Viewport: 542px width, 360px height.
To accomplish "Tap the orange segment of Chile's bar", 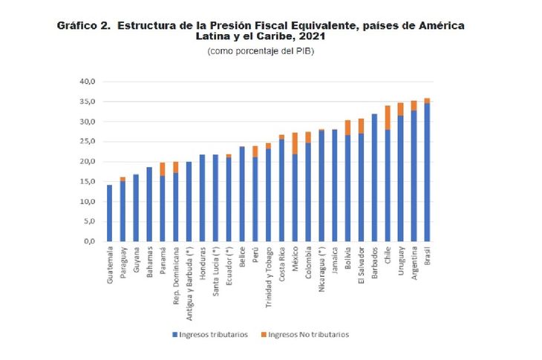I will pos(387,117).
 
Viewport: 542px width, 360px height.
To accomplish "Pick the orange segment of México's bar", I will pos(295,143).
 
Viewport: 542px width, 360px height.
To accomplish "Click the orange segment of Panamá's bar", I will pos(162,168).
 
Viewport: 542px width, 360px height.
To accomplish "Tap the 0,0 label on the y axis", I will pos(90,241).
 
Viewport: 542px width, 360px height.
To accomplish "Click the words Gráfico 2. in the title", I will pos(84,25).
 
